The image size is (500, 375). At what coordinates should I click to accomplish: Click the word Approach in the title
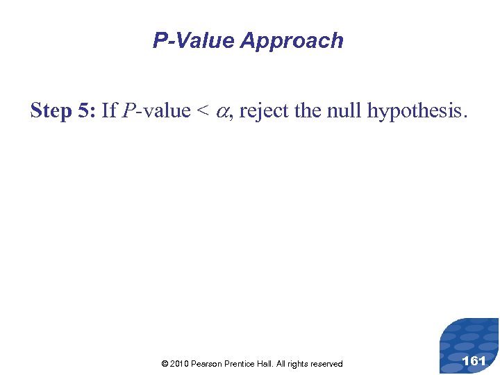pyautogui.click(x=292, y=41)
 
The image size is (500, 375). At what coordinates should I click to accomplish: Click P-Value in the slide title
pyautogui.click(x=194, y=41)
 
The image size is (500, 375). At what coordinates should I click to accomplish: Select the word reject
pyautogui.click(x=264, y=110)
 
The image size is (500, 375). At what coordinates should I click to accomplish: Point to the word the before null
pyautogui.click(x=308, y=110)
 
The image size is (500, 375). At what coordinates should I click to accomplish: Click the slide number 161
pyautogui.click(x=474, y=361)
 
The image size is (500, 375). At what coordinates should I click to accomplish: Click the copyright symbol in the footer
pyautogui.click(x=165, y=364)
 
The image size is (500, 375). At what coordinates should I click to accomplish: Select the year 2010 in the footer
pyautogui.click(x=179, y=364)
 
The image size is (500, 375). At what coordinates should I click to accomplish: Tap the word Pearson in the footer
pyautogui.click(x=207, y=364)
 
